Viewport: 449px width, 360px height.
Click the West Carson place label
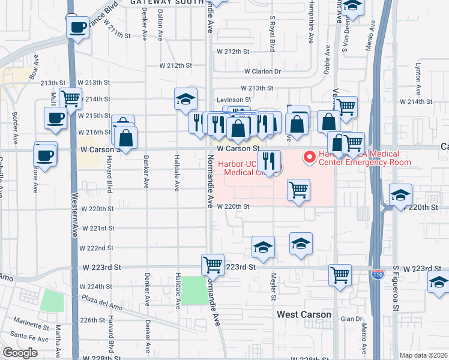(x=304, y=314)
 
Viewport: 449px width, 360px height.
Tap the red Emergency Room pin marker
(x=310, y=157)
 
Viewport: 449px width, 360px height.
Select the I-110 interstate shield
(x=378, y=274)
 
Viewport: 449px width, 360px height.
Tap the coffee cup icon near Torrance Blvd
(x=77, y=27)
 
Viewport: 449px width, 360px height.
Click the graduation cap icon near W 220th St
(x=400, y=194)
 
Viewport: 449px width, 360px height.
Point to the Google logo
(x=20, y=353)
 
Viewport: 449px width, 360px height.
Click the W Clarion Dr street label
(x=262, y=71)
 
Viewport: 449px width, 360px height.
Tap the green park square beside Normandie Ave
(x=193, y=290)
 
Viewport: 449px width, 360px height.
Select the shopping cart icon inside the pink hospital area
(x=298, y=190)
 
